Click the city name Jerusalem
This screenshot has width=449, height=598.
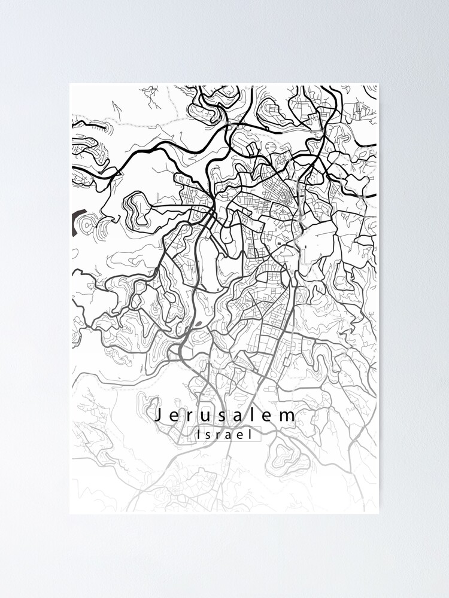pos(225,415)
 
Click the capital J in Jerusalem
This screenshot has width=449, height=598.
pos(158,415)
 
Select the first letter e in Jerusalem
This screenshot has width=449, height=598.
pos(174,416)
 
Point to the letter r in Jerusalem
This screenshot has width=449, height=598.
pos(190,416)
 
